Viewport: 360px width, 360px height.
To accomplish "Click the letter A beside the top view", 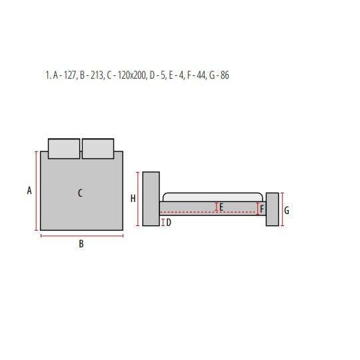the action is pyautogui.click(x=29, y=191).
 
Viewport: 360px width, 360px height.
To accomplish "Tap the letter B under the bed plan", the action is pyautogui.click(x=81, y=244).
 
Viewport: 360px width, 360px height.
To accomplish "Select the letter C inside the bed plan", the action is pyautogui.click(x=80, y=193).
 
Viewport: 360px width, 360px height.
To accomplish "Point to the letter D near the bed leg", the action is pyautogui.click(x=169, y=222).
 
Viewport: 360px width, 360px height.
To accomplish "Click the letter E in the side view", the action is pyautogui.click(x=221, y=207).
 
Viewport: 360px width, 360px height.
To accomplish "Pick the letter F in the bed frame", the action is pyautogui.click(x=262, y=209).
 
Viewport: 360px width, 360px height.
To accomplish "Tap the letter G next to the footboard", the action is pyautogui.click(x=287, y=211).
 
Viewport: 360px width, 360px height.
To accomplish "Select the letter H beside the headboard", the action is pyautogui.click(x=133, y=199).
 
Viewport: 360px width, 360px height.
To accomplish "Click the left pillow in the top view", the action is pyautogui.click(x=64, y=149).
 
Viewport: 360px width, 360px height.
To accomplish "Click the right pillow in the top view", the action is pyautogui.click(x=98, y=149).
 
